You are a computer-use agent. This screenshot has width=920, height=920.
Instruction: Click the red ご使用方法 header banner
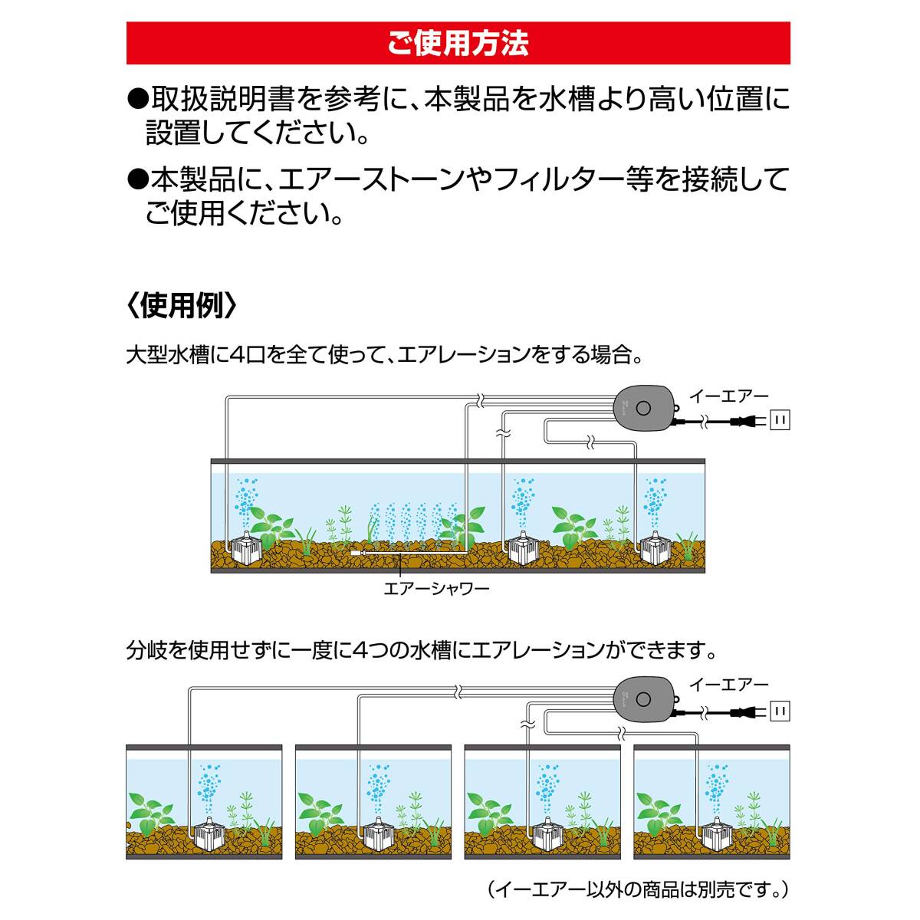pyautogui.click(x=458, y=43)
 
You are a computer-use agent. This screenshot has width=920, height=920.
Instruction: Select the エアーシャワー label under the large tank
pyautogui.click(x=435, y=589)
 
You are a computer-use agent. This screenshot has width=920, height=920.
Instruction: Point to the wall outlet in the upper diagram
pyautogui.click(x=780, y=419)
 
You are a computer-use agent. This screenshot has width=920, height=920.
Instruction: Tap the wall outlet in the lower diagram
pyautogui.click(x=780, y=712)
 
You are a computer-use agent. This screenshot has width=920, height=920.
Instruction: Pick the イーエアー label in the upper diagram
pyautogui.click(x=728, y=396)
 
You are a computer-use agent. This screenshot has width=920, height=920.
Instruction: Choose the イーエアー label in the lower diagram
pyautogui.click(x=728, y=685)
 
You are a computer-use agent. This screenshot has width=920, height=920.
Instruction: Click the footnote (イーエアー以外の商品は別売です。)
pyautogui.click(x=637, y=889)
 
